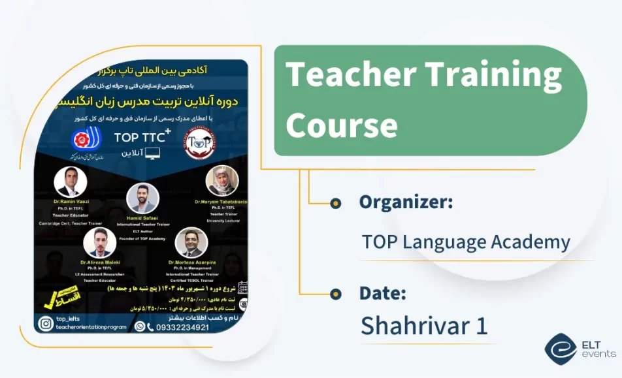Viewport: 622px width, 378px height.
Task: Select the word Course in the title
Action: click(341, 124)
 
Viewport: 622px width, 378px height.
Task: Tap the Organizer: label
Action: click(406, 202)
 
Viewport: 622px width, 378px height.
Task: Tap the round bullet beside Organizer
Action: click(336, 203)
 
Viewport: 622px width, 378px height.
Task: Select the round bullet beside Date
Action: click(336, 294)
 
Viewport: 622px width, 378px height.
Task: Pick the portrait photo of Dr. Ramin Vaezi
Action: click(71, 182)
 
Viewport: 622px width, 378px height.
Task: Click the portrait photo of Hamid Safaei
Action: click(142, 198)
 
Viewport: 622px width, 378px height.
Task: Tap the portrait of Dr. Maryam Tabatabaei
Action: click(221, 181)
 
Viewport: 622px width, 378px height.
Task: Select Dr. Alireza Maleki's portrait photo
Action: click(100, 242)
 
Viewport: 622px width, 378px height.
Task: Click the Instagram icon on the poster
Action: click(46, 323)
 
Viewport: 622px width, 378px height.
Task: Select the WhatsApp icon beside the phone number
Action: click(140, 326)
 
